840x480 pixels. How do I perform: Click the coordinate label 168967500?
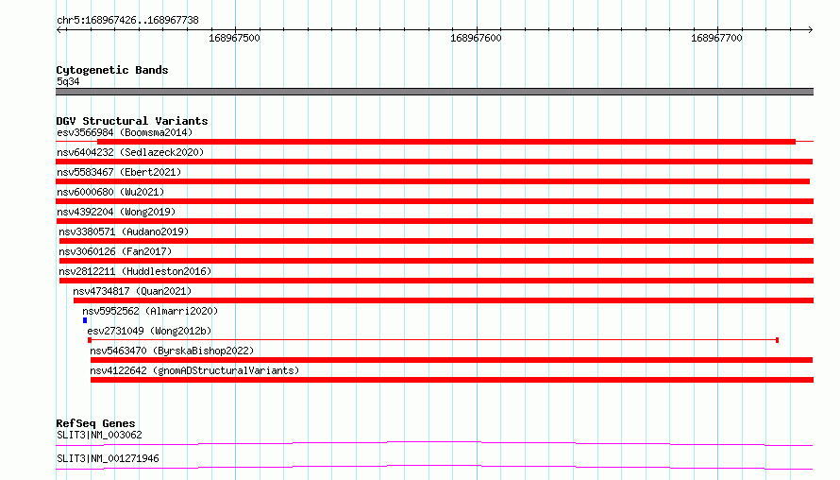click(x=234, y=38)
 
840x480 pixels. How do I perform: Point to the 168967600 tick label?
click(x=476, y=38)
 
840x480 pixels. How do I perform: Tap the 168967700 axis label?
click(x=716, y=38)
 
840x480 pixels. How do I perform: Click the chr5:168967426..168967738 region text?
click(x=127, y=21)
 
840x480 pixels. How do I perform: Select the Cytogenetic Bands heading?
click(x=112, y=70)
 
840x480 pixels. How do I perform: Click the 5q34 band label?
click(x=68, y=81)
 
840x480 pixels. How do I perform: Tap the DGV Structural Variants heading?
click(x=132, y=121)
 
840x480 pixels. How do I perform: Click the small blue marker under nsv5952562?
click(x=85, y=320)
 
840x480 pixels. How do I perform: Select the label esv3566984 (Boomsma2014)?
click(x=125, y=132)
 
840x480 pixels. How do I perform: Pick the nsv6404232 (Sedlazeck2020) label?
click(x=130, y=152)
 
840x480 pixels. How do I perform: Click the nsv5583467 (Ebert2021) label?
click(x=119, y=172)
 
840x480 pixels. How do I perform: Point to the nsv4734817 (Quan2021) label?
click(x=132, y=291)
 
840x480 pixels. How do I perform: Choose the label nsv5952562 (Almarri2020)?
click(x=150, y=311)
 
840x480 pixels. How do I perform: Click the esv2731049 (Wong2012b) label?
click(x=149, y=331)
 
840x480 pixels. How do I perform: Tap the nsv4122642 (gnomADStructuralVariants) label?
click(x=194, y=370)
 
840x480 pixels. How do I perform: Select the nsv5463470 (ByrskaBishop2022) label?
click(x=172, y=351)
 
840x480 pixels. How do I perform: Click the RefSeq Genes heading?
click(x=95, y=423)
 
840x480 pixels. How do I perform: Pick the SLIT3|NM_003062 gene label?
click(x=99, y=435)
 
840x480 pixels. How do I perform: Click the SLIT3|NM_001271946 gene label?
click(x=108, y=458)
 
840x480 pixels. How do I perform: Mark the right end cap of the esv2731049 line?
click(x=777, y=340)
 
